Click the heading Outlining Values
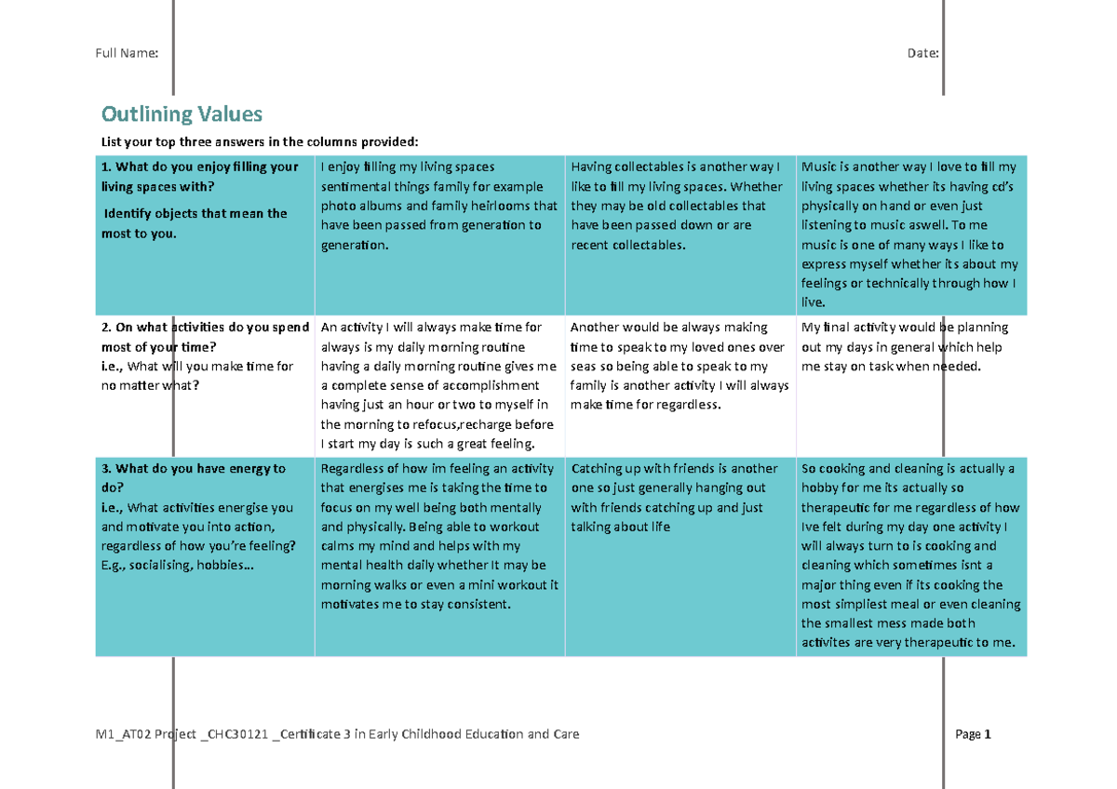pyautogui.click(x=182, y=114)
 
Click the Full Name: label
pyautogui.click(x=127, y=53)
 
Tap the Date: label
pyautogui.click(x=922, y=53)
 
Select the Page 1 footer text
pyautogui.click(x=973, y=734)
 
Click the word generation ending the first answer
pyautogui.click(x=353, y=245)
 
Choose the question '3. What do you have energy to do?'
pyautogui.click(x=193, y=477)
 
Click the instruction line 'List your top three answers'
pyautogui.click(x=260, y=141)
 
